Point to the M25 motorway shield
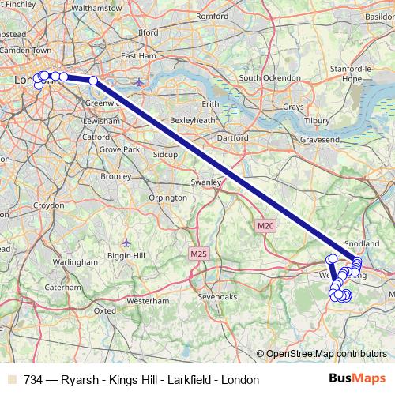[x=197, y=254]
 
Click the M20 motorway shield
[x=265, y=226]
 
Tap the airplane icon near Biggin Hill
[x=127, y=242]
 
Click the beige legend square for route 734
[x=10, y=380]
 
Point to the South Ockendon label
[x=270, y=78]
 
